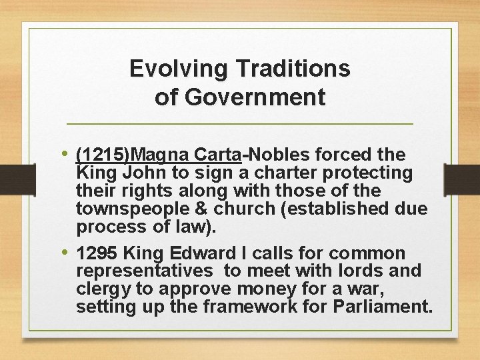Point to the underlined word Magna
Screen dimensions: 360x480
162,155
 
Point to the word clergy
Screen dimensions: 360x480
102,289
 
